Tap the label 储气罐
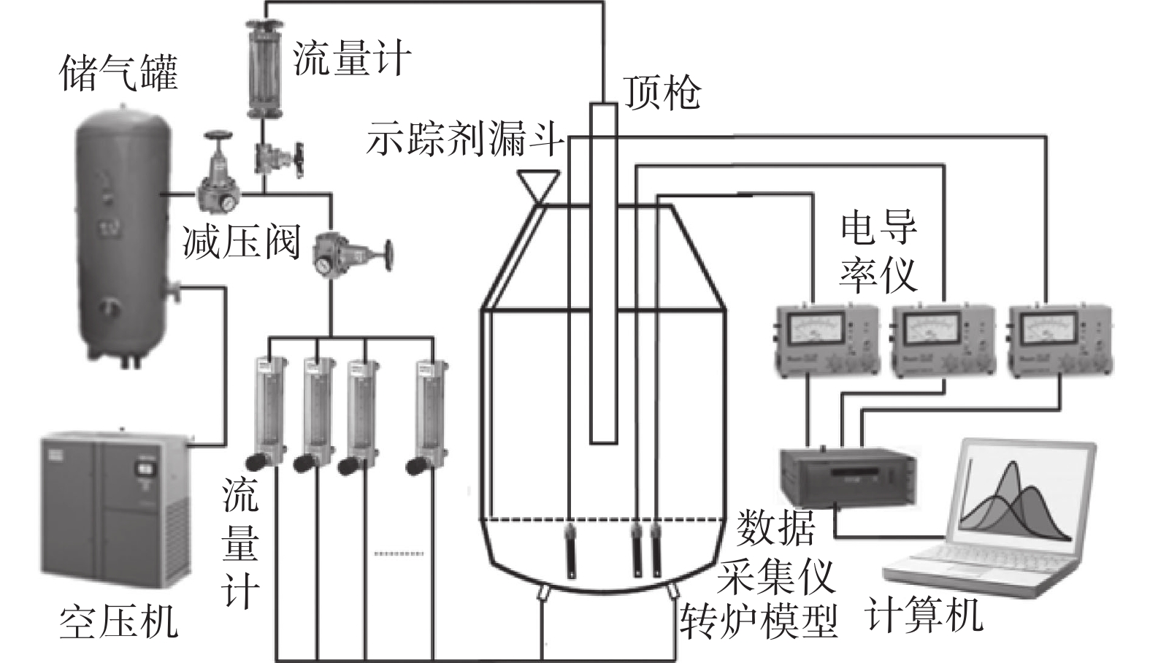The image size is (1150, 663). (118, 73)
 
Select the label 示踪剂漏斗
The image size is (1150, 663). (465, 139)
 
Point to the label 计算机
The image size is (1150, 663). (924, 615)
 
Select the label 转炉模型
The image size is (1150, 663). (759, 622)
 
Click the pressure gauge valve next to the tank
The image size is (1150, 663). (218, 183)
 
